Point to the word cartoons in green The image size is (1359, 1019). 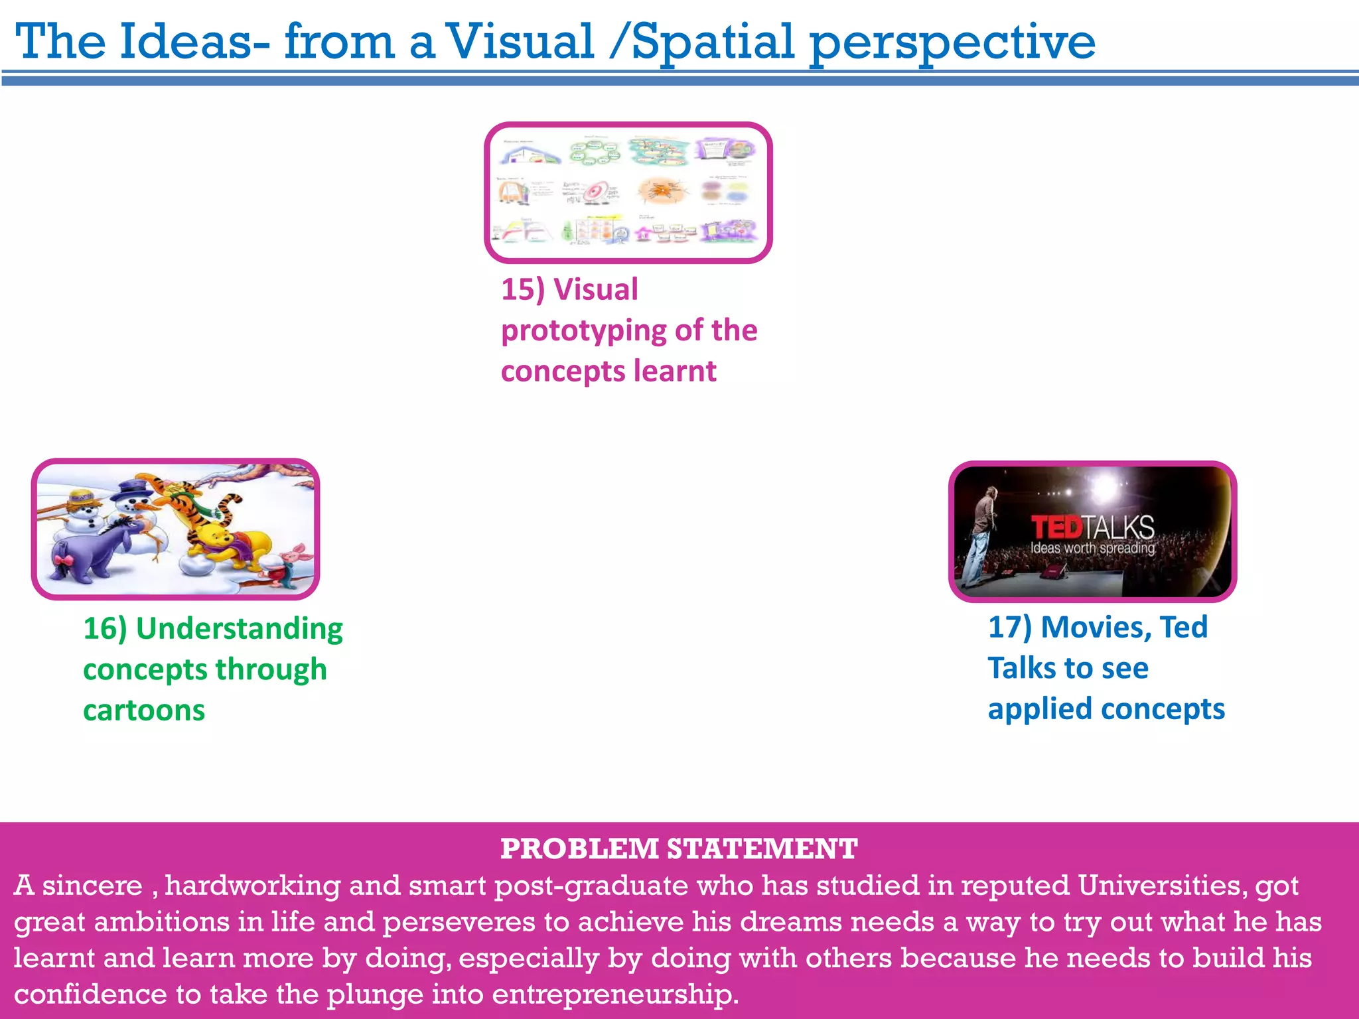point(144,711)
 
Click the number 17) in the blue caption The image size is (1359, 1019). point(1010,628)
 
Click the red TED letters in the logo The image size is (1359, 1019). point(1056,528)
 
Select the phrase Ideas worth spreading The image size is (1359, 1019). point(1092,548)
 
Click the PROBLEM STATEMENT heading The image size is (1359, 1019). point(679,849)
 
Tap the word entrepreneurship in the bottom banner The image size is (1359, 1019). point(614,994)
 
